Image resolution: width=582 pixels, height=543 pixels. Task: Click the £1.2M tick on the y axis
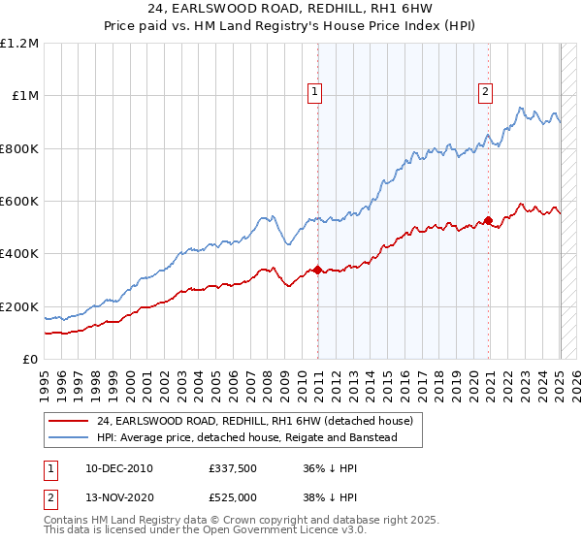point(20,43)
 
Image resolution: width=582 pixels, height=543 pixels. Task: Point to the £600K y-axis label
point(20,202)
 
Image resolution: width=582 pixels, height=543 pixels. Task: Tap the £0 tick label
point(31,360)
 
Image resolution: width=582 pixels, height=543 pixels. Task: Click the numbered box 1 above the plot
point(316,93)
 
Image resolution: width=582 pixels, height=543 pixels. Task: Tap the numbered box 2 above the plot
point(485,93)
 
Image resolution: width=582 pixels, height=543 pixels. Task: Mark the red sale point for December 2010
point(317,271)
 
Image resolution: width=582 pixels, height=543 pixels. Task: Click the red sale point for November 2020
point(488,220)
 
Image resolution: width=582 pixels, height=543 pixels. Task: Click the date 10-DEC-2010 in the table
point(118,468)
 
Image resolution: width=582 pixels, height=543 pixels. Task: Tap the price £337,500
point(232,468)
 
